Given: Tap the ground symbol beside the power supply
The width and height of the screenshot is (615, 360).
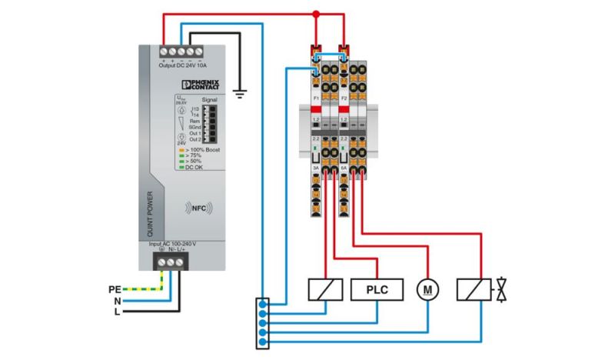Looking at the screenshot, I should coord(240,93).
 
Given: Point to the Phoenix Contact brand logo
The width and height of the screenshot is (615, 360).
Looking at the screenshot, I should coord(204,83).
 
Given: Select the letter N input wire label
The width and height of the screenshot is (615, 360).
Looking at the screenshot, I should coord(117,301).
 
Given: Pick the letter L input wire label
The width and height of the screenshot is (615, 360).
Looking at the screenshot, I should coord(117,312).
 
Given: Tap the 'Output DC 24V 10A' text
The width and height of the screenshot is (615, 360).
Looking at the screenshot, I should coord(183,65).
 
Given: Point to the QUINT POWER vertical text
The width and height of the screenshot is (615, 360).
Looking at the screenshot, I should coord(150,212).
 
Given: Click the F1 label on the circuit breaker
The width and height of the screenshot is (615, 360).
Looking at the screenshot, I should coord(316,99).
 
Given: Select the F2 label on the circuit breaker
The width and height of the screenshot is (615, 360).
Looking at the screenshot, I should coord(344,99).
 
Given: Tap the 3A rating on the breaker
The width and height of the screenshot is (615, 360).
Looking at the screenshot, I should coord(316,165).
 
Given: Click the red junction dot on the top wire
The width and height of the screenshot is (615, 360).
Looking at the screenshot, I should coord(315,14).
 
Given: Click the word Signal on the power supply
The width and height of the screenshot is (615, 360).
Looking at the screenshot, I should coord(209,100).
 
